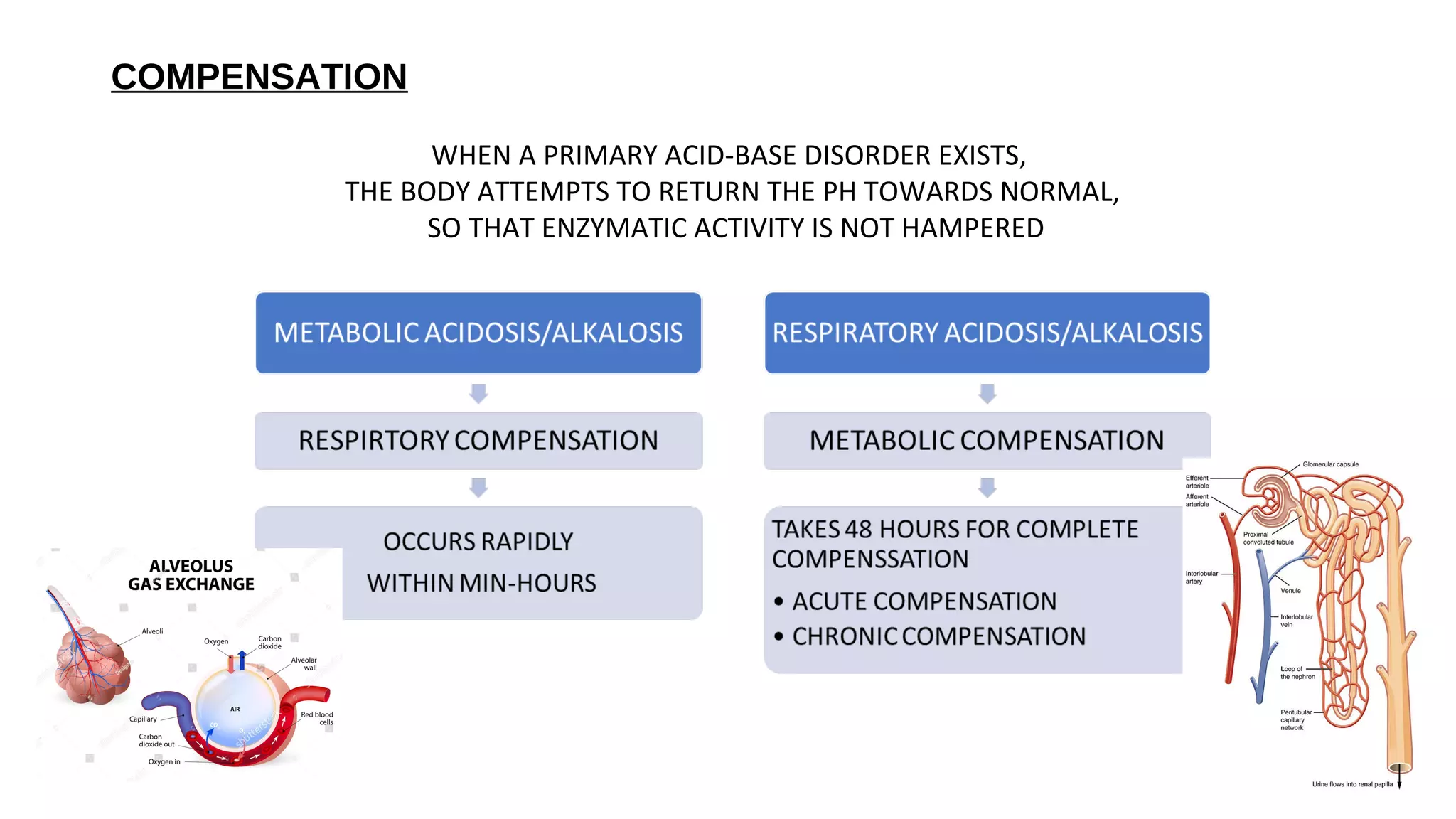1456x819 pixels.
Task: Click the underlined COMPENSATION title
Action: point(259,77)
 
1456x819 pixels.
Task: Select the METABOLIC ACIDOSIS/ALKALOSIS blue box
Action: point(478,333)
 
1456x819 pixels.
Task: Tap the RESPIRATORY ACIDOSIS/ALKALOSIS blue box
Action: point(987,333)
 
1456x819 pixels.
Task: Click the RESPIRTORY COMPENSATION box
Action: point(478,441)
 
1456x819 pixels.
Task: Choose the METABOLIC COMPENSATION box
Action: point(987,441)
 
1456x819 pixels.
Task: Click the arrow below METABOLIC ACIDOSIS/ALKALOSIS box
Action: point(478,393)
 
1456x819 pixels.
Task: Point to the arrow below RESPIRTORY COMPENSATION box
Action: point(478,488)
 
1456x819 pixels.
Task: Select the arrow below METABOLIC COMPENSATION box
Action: point(987,488)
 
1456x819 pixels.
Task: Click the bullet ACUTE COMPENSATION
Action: point(924,601)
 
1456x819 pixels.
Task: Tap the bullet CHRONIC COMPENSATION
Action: point(938,636)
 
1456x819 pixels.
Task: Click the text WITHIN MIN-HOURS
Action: point(481,584)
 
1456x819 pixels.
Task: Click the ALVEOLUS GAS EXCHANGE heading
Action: point(191,575)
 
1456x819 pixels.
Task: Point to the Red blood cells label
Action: point(317,718)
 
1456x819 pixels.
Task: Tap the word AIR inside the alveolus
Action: point(235,709)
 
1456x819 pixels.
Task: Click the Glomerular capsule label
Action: point(1330,464)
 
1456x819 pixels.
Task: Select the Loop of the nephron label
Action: point(1297,673)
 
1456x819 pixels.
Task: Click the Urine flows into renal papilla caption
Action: point(1352,784)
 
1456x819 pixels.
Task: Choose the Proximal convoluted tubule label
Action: point(1268,538)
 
